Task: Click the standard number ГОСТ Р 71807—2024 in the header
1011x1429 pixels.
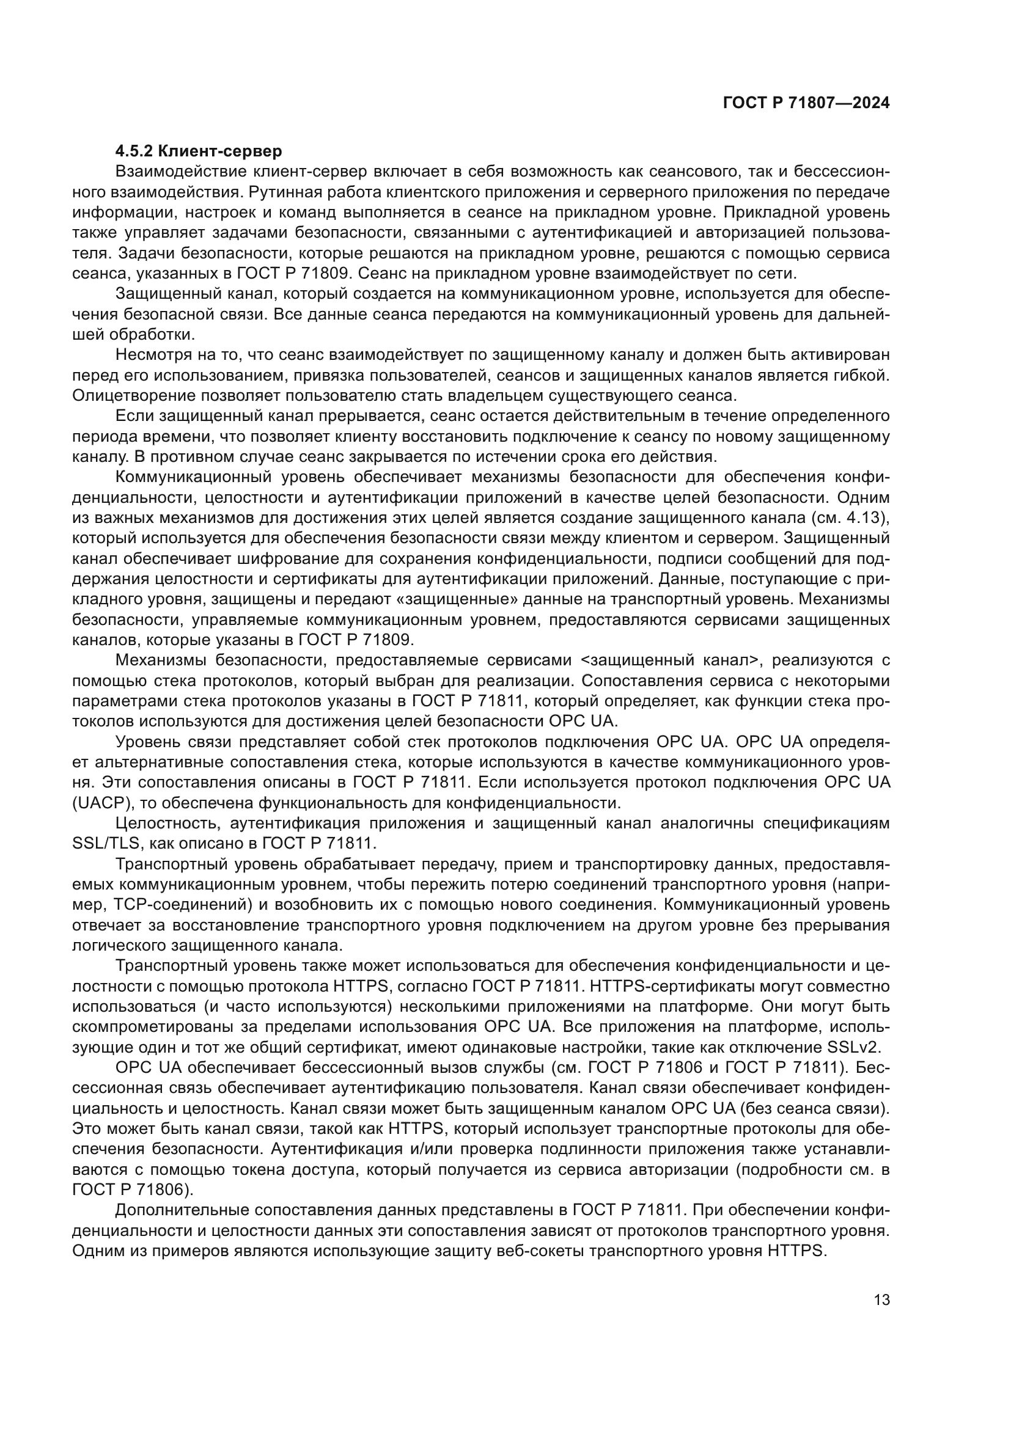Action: tap(806, 103)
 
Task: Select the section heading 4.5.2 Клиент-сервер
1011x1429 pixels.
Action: tap(199, 152)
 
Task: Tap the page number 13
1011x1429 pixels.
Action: tap(881, 1299)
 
